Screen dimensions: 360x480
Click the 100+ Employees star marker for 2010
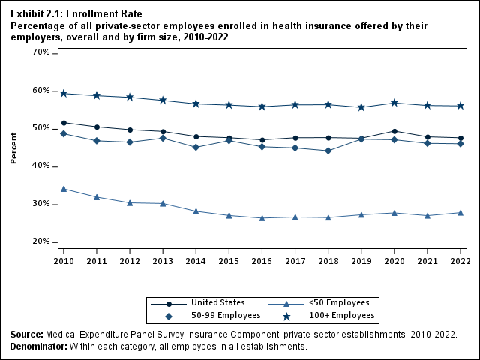(x=64, y=94)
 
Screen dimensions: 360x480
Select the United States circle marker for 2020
(x=394, y=131)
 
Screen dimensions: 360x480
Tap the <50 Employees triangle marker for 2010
(x=64, y=189)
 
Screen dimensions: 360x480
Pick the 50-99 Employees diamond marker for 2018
(x=328, y=151)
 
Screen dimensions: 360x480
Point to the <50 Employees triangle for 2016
(x=262, y=218)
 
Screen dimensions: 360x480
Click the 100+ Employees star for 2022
(x=460, y=106)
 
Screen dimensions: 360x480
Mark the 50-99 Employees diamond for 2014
(x=196, y=147)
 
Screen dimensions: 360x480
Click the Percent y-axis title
(x=14, y=148)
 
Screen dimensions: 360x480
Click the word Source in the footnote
(x=27, y=334)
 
